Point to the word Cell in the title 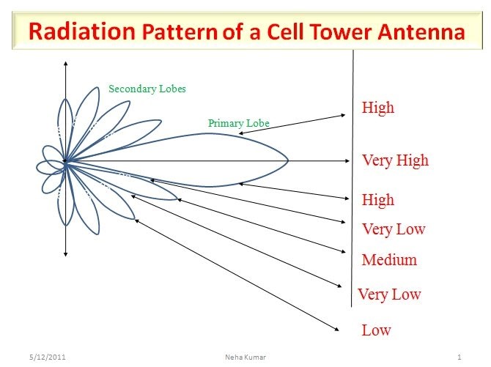[277, 32]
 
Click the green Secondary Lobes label [147, 89]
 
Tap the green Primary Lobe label [239, 123]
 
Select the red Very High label [395, 160]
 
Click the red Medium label [389, 260]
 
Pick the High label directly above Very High [378, 108]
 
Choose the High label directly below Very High [378, 200]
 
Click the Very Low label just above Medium [394, 229]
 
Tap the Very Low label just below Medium [389, 294]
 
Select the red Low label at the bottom [376, 330]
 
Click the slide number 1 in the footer [457, 357]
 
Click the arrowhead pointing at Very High [347, 160]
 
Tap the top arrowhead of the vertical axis [66, 62]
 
